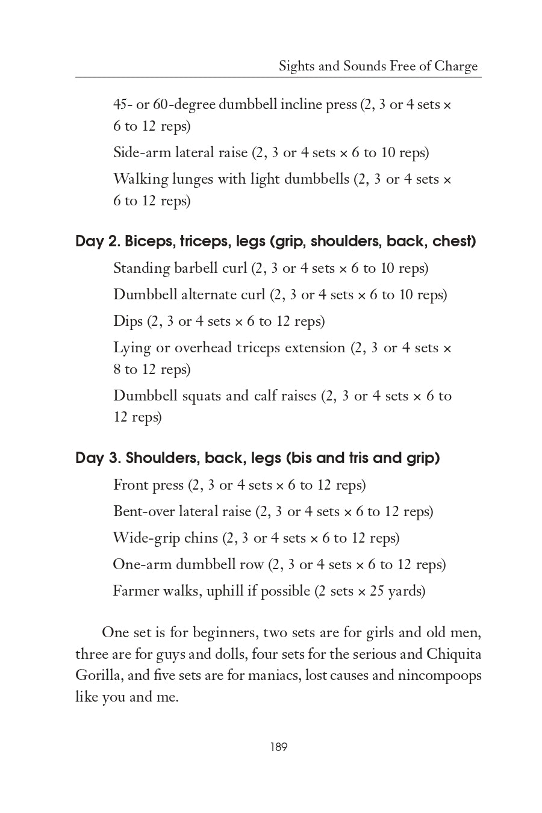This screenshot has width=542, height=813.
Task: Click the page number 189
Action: pyautogui.click(x=279, y=747)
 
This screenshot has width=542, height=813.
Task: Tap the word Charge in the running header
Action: pyautogui.click(x=456, y=66)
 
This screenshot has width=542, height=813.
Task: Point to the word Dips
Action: pyautogui.click(x=128, y=322)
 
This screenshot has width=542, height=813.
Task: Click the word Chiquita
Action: pyautogui.click(x=454, y=654)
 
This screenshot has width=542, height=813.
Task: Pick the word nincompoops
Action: pyautogui.click(x=440, y=675)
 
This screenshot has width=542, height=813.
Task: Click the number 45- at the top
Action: pyautogui.click(x=123, y=105)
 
